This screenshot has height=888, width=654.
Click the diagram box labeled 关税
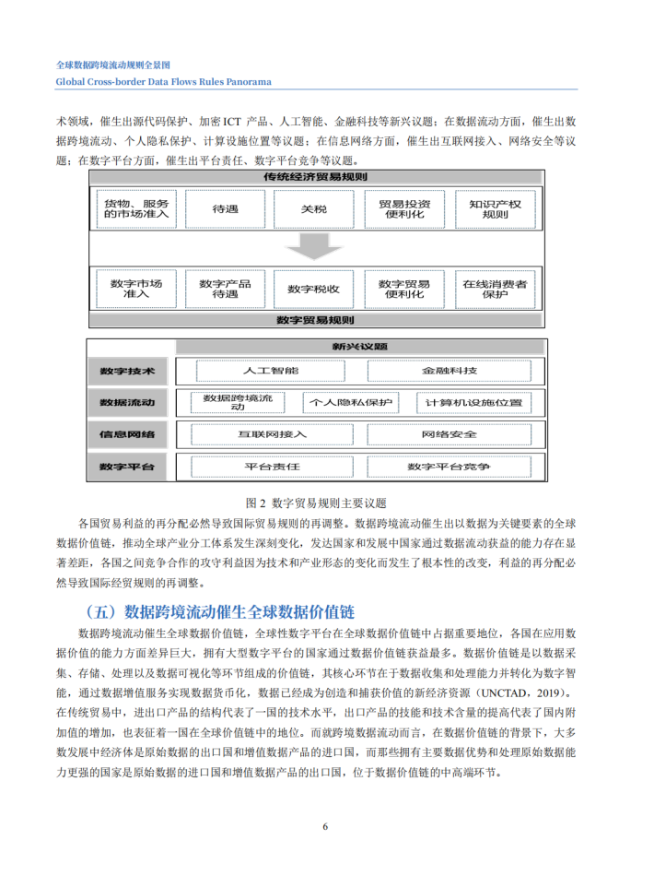[x=313, y=209]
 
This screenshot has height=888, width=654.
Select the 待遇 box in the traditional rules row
[x=225, y=209]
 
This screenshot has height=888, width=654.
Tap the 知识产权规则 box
[x=496, y=209]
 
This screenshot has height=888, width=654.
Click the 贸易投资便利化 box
[x=404, y=209]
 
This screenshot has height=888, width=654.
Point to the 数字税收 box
[x=313, y=289]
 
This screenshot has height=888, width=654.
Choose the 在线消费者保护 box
[x=496, y=289]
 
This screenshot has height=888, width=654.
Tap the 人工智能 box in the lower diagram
[x=272, y=371]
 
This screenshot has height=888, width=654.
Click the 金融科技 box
[x=450, y=371]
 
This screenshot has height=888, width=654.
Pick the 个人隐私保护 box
[x=351, y=403]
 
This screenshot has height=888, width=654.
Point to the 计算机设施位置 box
[x=473, y=403]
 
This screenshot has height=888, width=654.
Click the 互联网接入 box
[x=272, y=434]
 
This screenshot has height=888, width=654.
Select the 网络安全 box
[x=450, y=434]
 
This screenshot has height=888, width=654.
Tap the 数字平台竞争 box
[x=450, y=467]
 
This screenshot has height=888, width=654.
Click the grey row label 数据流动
[x=127, y=403]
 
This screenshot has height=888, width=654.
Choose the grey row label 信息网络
[x=127, y=434]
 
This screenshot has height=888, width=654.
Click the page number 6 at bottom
[x=326, y=826]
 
